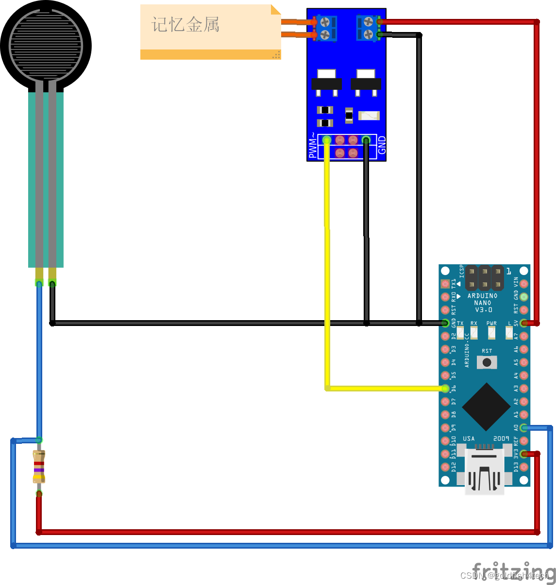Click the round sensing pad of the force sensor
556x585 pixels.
pyautogui.click(x=46, y=46)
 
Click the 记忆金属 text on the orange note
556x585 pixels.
pyautogui.click(x=185, y=25)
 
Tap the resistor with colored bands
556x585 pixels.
pyautogui.click(x=39, y=467)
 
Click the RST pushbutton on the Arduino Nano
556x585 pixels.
pyautogui.click(x=487, y=362)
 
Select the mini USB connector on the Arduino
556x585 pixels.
pyautogui.click(x=484, y=472)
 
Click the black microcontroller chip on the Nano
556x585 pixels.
pyautogui.click(x=486, y=406)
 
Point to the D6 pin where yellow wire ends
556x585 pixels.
pyautogui.click(x=445, y=389)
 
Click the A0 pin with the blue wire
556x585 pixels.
pyautogui.click(x=523, y=428)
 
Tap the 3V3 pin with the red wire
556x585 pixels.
pyautogui.click(x=523, y=454)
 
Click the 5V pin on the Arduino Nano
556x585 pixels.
pyautogui.click(x=523, y=323)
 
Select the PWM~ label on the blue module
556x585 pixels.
pyautogui.click(x=313, y=146)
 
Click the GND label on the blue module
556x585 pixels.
pyautogui.click(x=382, y=146)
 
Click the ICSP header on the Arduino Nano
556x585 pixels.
pyautogui.click(x=484, y=277)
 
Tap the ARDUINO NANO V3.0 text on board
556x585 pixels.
pyautogui.click(x=482, y=303)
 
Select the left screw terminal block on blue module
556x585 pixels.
pyautogui.click(x=326, y=28)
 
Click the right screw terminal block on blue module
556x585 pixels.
pyautogui.click(x=368, y=28)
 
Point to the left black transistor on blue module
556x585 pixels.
pyautogui.click(x=326, y=82)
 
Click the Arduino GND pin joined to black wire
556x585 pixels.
pyautogui.click(x=445, y=323)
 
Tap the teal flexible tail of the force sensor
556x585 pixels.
pyautogui.click(x=46, y=179)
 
